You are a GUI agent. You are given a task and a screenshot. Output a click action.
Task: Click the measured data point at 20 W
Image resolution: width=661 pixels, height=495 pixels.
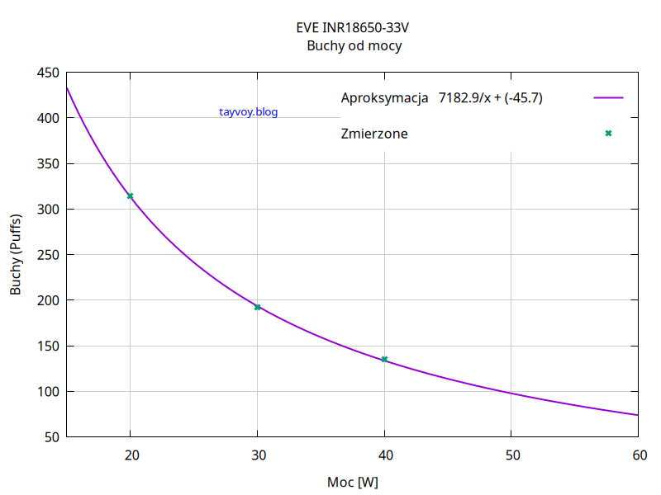pyautogui.click(x=130, y=196)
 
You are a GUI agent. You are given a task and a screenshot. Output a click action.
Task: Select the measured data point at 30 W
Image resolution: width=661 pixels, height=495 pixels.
pyautogui.click(x=257, y=307)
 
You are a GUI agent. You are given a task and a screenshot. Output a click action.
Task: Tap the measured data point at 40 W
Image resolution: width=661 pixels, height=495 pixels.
pyautogui.click(x=384, y=359)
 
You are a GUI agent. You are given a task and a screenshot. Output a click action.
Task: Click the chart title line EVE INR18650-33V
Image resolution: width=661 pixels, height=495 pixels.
pyautogui.click(x=353, y=28)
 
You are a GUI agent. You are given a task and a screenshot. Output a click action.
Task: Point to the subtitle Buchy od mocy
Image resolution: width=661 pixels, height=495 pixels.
pyautogui.click(x=354, y=46)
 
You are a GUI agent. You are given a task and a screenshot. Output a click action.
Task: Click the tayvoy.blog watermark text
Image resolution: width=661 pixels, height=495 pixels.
pyautogui.click(x=249, y=112)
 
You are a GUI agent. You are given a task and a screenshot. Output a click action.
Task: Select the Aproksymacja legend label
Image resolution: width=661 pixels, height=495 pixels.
pyautogui.click(x=384, y=98)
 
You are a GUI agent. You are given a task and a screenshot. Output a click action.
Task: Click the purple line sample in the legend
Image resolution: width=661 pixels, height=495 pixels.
pyautogui.click(x=608, y=97)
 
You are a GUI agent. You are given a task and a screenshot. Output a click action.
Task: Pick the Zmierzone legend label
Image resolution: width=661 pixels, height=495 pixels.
pyautogui.click(x=374, y=133)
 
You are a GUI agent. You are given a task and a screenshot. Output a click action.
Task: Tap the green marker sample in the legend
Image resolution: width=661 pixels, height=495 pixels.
pyautogui.click(x=608, y=133)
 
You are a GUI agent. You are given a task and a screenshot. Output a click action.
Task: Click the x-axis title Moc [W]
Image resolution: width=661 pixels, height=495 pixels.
pyautogui.click(x=353, y=481)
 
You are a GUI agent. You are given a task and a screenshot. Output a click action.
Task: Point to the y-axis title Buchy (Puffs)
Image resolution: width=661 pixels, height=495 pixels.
pyautogui.click(x=17, y=255)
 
